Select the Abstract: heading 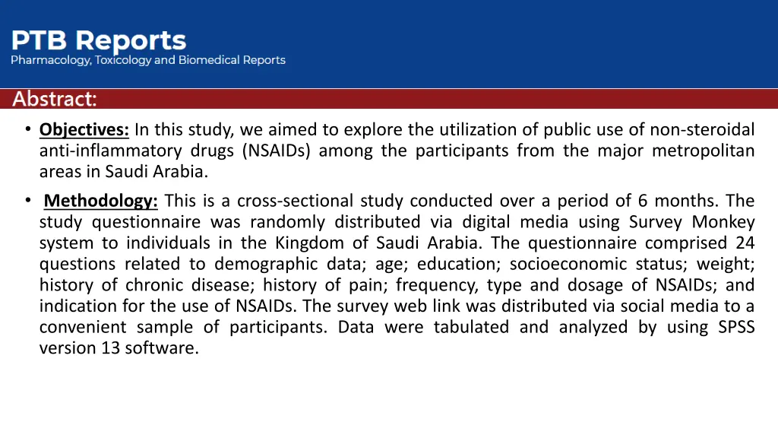[x=55, y=99]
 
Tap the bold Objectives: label [x=84, y=130]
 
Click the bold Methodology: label [x=101, y=201]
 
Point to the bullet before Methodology [x=28, y=200]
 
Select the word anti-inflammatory [x=111, y=151]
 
